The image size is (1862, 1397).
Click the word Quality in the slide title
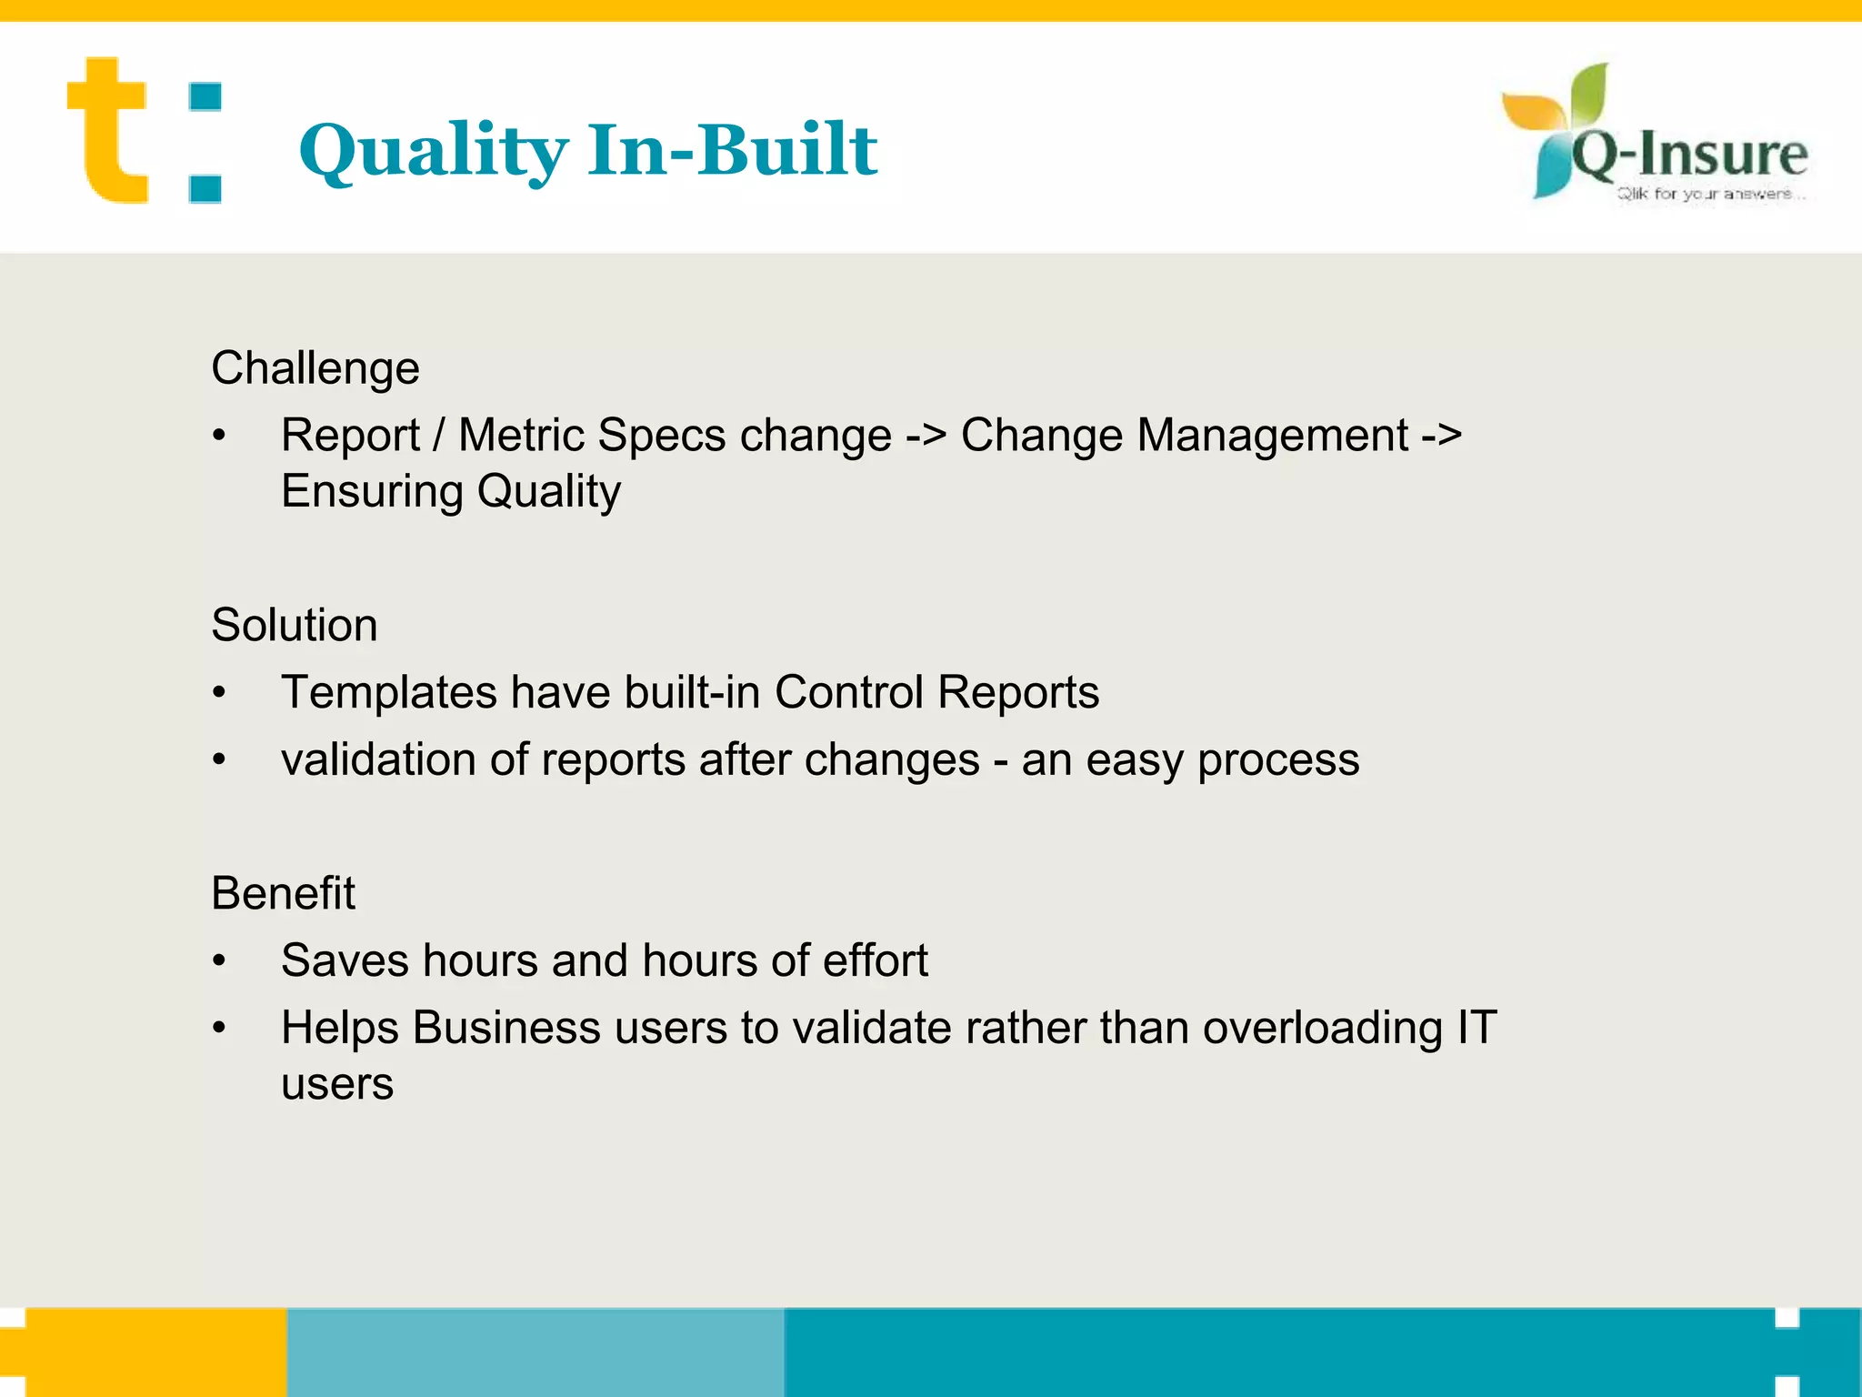click(433, 151)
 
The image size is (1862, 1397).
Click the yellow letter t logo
click(107, 132)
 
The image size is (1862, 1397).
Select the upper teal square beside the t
click(205, 97)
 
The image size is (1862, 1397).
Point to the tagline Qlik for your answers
click(1704, 194)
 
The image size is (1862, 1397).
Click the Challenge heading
click(315, 368)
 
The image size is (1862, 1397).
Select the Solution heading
click(294, 626)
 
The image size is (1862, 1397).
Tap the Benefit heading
click(283, 893)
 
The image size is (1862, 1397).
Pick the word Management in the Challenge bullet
click(1272, 435)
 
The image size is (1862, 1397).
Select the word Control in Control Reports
click(848, 692)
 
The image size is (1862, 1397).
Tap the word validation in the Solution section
click(377, 759)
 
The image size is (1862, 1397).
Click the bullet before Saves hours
click(219, 961)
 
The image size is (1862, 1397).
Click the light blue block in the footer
click(535, 1352)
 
